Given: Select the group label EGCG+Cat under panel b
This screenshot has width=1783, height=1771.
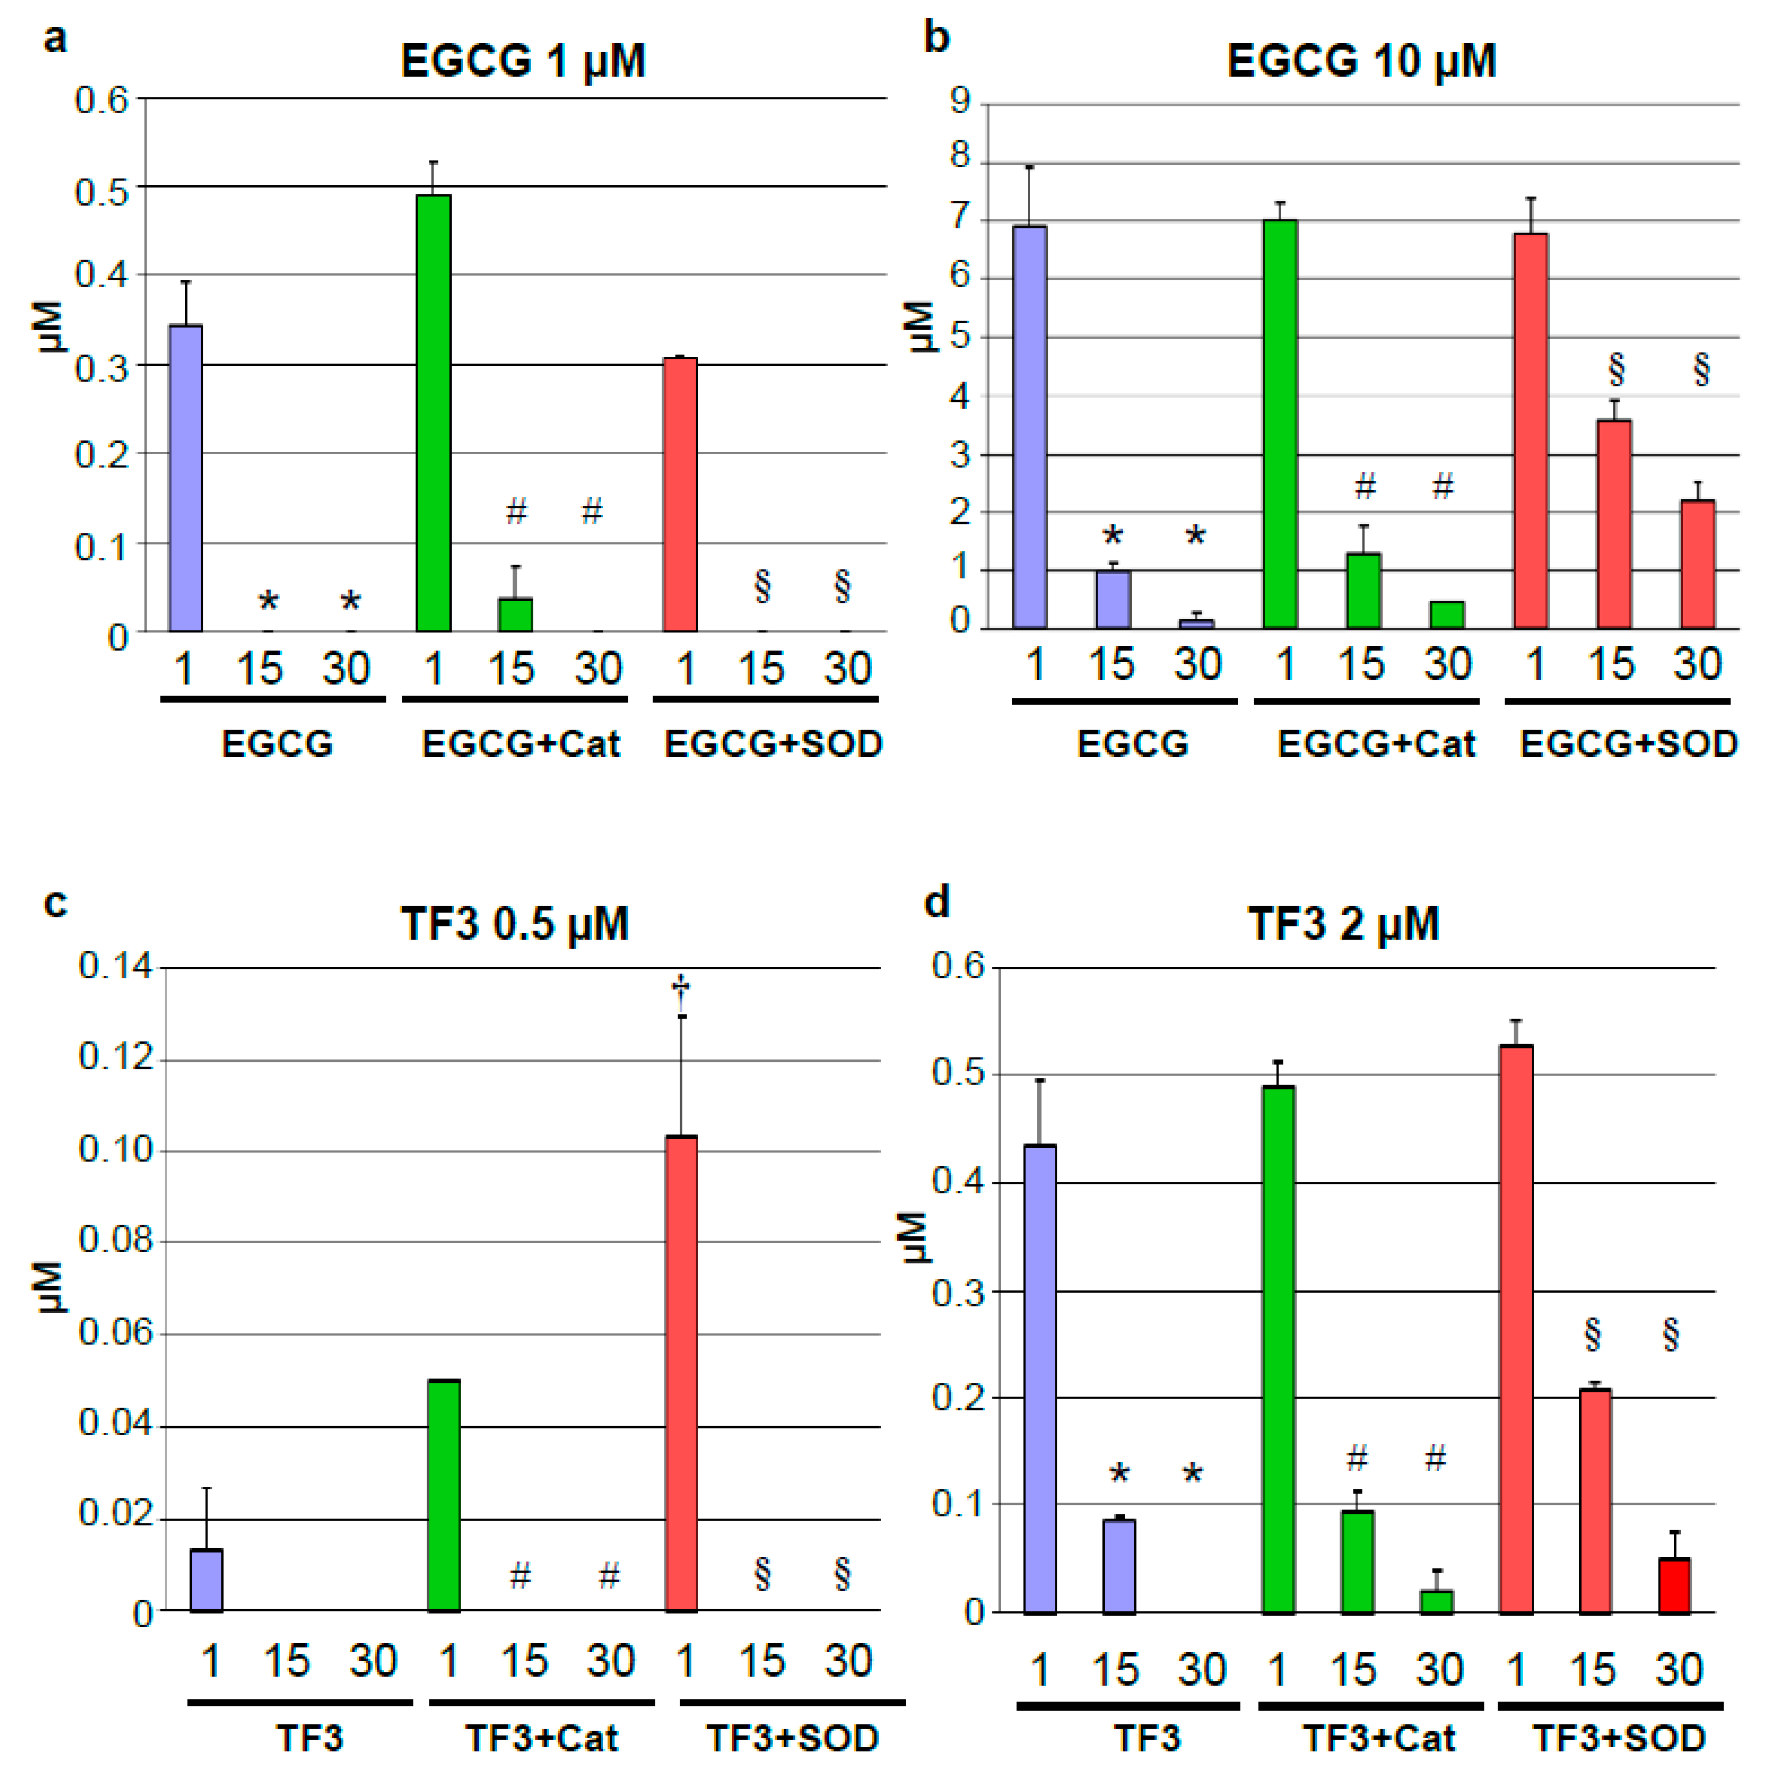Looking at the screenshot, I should (1375, 744).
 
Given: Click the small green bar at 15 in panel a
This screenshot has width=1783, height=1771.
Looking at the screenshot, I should (515, 615).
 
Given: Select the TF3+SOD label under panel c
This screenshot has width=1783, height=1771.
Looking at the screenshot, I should (792, 1739).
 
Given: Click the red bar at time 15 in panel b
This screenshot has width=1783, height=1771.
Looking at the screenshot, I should (1614, 524).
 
